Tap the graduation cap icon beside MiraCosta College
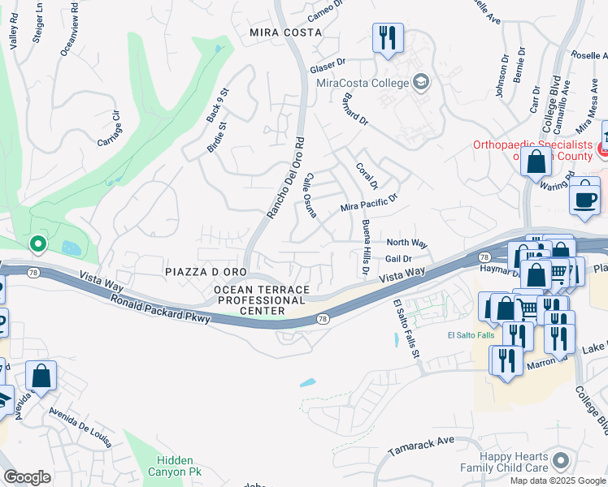[x=420, y=81]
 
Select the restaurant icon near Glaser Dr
[x=386, y=37]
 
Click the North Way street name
[x=406, y=243]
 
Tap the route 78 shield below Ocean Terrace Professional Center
[x=323, y=321]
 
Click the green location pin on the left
[x=37, y=243]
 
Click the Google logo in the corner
[x=27, y=477]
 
